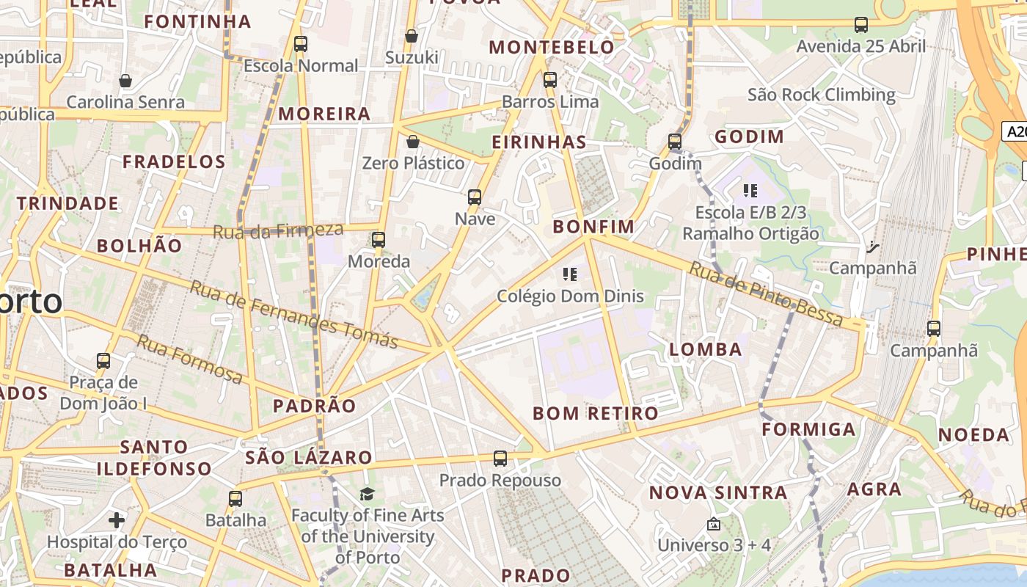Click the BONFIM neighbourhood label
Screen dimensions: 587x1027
click(593, 227)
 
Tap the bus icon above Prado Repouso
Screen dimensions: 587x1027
click(500, 459)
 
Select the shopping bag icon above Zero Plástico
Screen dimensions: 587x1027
click(413, 142)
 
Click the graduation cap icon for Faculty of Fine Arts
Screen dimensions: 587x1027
click(367, 494)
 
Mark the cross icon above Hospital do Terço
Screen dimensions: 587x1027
click(116, 521)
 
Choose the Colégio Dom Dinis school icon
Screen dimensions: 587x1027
click(570, 275)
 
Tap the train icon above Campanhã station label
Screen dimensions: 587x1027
click(933, 329)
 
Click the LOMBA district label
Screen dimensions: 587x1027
click(706, 350)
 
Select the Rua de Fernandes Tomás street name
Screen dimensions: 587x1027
click(293, 314)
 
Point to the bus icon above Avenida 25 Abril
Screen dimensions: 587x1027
click(861, 25)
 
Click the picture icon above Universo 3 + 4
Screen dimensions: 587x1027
click(713, 524)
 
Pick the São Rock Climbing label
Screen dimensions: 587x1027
click(821, 95)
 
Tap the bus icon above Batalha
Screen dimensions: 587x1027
click(235, 499)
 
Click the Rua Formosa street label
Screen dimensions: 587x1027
click(189, 359)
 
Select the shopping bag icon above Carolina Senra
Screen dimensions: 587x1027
click(125, 80)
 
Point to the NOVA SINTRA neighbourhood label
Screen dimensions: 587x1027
click(718, 492)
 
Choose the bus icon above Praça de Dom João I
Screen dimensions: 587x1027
click(103, 361)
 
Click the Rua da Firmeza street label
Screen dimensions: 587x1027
click(277, 231)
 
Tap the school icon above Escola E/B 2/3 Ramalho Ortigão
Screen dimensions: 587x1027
click(750, 192)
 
